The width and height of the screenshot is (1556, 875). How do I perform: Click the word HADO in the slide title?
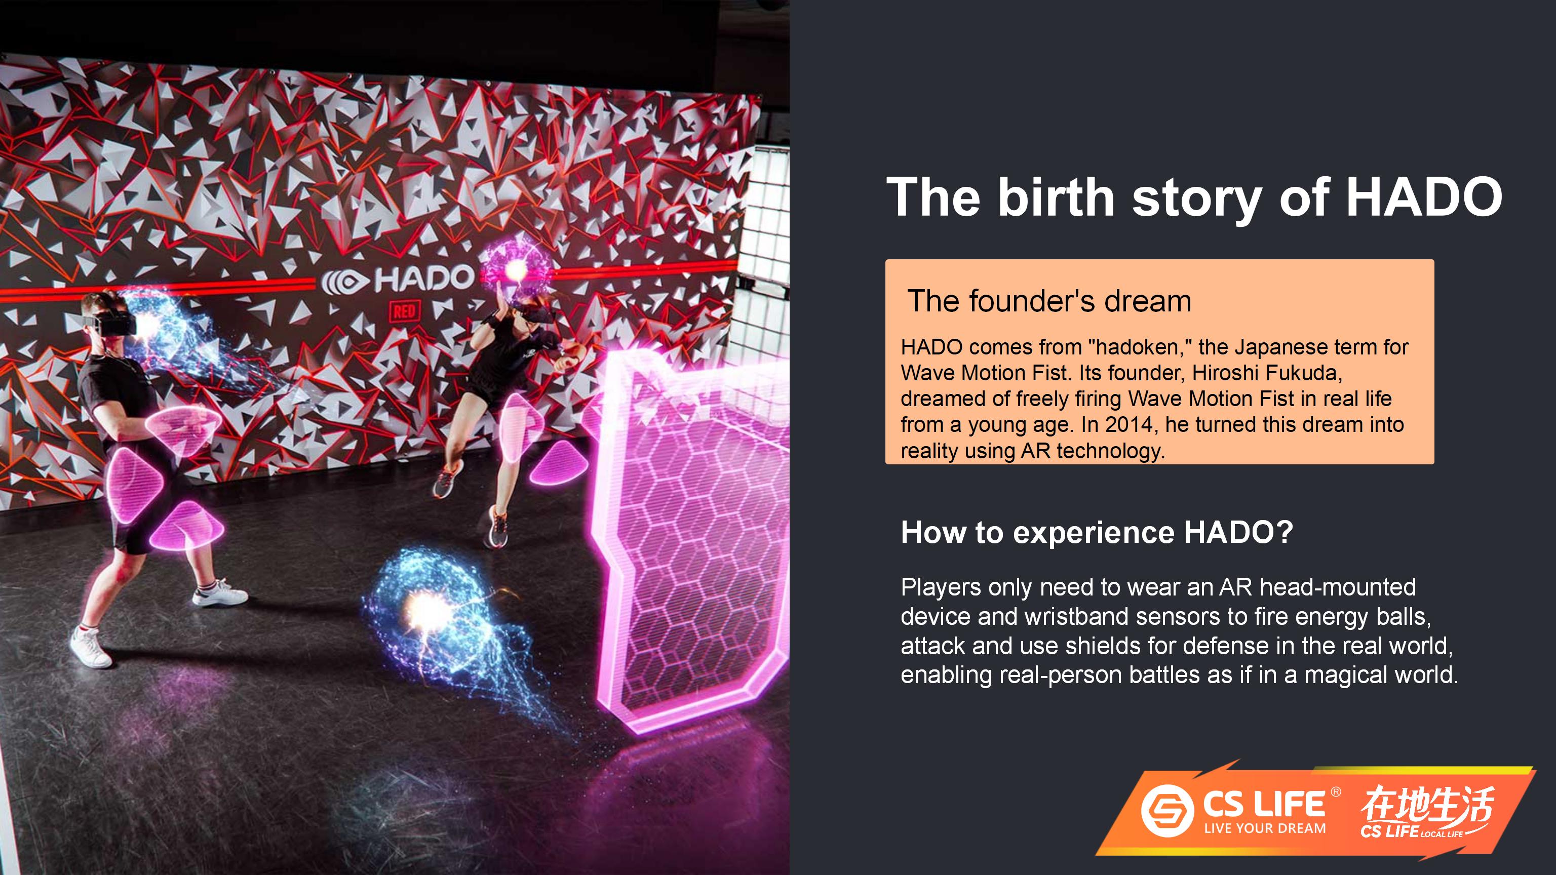point(1424,197)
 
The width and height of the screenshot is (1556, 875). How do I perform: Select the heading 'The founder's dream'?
point(1049,301)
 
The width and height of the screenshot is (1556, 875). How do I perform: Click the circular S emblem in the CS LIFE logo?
point(1167,810)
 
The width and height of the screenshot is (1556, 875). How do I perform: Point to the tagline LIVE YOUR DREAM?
point(1265,828)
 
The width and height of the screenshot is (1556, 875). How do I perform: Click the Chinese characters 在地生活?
point(1427,804)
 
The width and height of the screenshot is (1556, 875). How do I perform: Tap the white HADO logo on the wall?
point(398,279)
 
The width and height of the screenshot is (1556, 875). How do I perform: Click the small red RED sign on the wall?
point(404,311)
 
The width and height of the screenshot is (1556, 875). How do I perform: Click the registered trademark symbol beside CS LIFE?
point(1336,791)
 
